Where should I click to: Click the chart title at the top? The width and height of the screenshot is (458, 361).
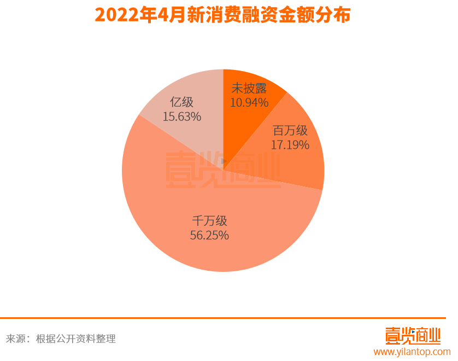pyautogui.click(x=222, y=15)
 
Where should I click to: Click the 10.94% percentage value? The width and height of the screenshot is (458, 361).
pyautogui.click(x=249, y=102)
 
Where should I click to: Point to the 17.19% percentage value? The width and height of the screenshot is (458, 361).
pyautogui.click(x=290, y=145)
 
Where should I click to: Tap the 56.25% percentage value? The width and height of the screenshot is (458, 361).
pyautogui.click(x=209, y=235)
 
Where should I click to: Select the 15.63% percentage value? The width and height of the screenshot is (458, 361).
pyautogui.click(x=182, y=117)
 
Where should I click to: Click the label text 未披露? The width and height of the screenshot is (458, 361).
pyautogui.click(x=249, y=89)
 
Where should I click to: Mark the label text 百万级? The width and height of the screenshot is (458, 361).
pyautogui.click(x=290, y=131)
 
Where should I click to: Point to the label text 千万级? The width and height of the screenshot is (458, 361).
pyautogui.click(x=209, y=221)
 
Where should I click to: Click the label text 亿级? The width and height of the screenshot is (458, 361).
pyautogui.click(x=182, y=102)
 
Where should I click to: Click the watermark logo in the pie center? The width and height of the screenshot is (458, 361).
pyautogui.click(x=222, y=169)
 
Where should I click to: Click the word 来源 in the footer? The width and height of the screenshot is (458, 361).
pyautogui.click(x=15, y=339)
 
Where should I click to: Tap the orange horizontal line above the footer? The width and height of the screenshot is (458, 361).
pyautogui.click(x=229, y=318)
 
